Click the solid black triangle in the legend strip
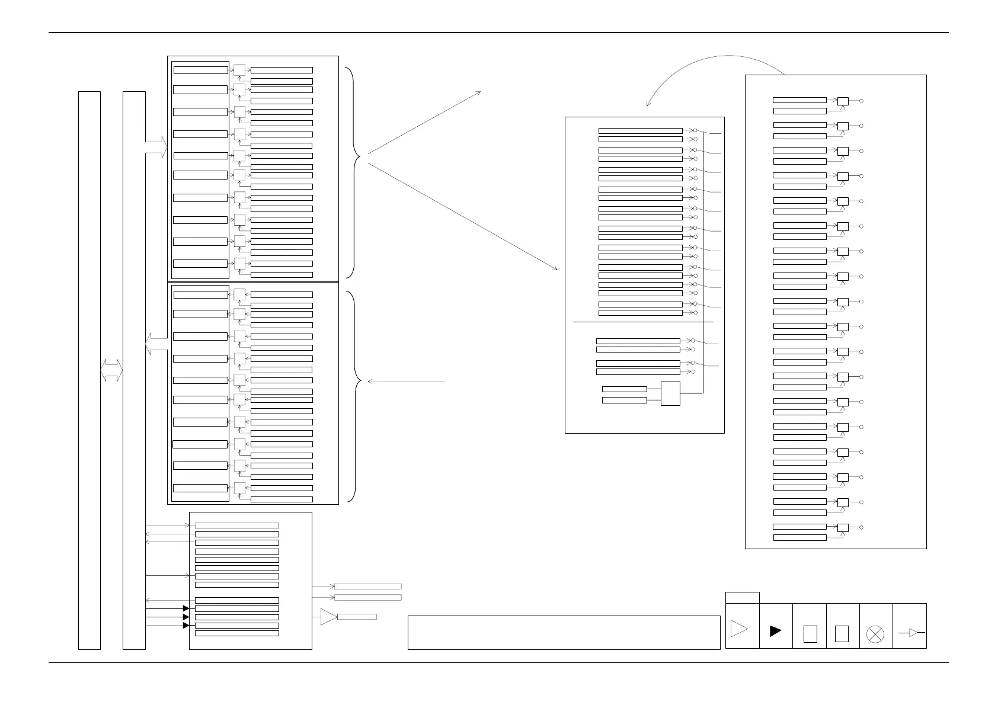click(775, 632)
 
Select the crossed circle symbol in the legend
click(875, 634)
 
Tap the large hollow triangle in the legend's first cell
click(739, 629)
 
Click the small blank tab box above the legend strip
click(742, 597)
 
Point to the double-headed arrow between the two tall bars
click(111, 370)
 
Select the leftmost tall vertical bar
click(89, 370)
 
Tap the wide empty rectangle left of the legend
click(564, 633)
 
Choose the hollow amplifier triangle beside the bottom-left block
click(328, 617)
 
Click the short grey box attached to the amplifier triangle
click(357, 617)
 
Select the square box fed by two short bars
click(670, 394)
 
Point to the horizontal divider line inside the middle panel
click(643, 322)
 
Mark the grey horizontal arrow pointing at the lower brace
click(407, 382)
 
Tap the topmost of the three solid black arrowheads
click(186, 608)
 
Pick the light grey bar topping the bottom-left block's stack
click(236, 525)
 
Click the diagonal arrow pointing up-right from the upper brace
click(424, 123)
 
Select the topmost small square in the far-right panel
click(842, 101)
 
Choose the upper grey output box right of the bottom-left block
click(368, 587)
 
